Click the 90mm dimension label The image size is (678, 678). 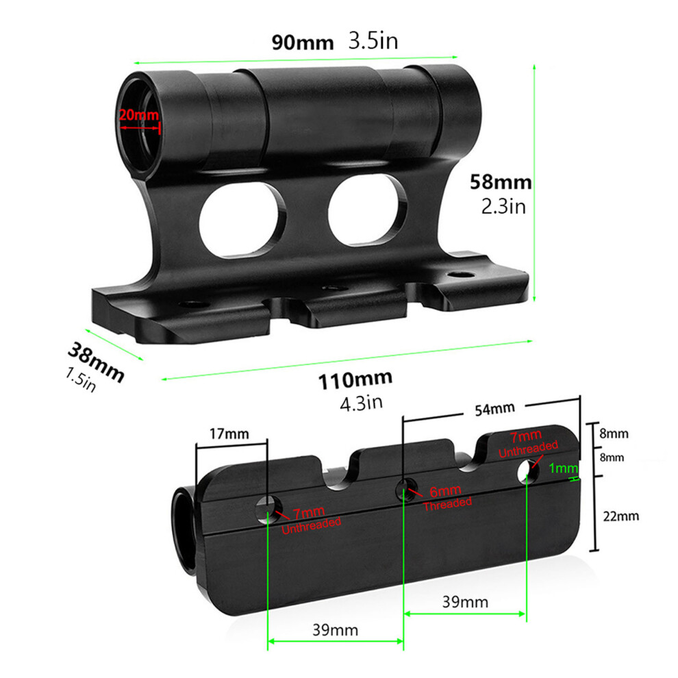click(303, 43)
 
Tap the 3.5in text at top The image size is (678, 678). click(373, 41)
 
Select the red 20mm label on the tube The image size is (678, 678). click(139, 115)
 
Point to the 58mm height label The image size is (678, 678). click(501, 182)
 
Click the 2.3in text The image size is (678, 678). click(504, 207)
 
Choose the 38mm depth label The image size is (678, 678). click(96, 362)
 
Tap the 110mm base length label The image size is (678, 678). click(355, 380)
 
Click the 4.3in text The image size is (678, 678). click(362, 403)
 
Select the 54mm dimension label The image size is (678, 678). click(494, 409)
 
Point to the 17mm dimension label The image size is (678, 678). click(229, 434)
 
